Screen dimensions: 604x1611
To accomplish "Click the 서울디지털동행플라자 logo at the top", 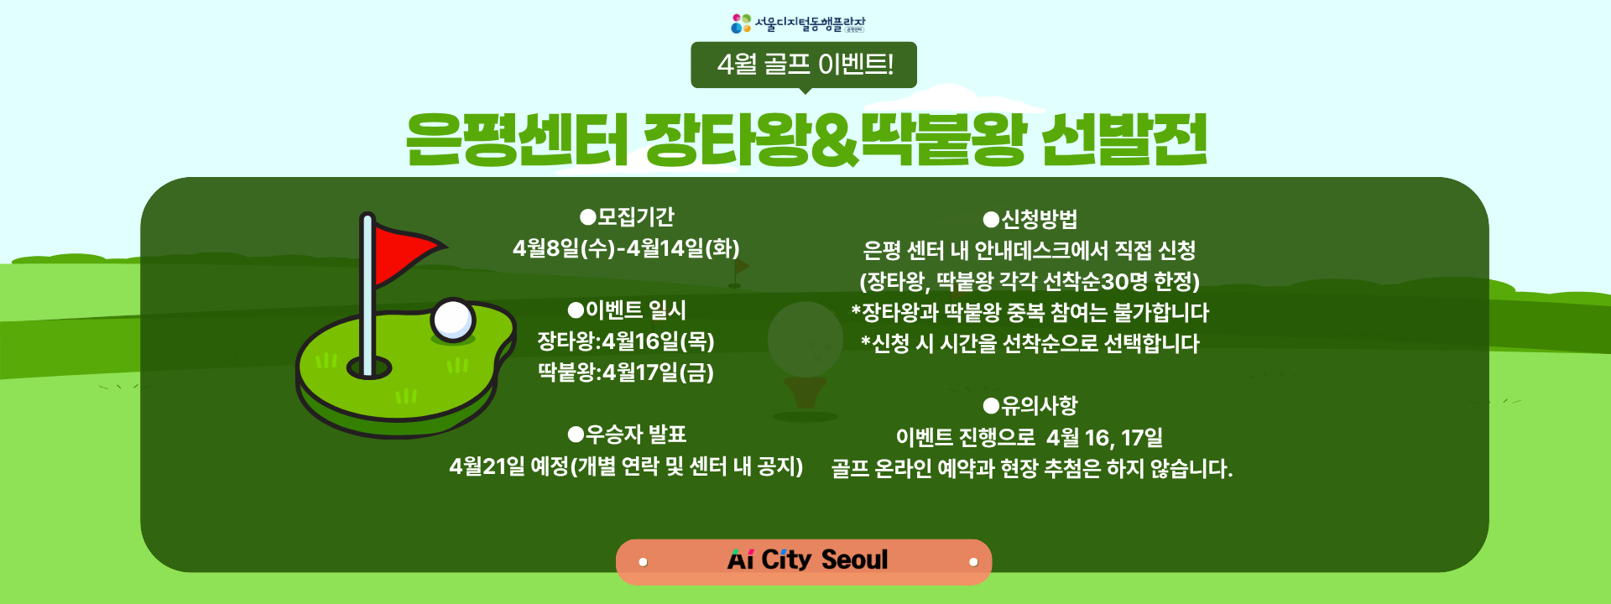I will pyautogui.click(x=797, y=23).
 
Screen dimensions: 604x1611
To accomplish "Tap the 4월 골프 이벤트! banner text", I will pyautogui.click(x=805, y=64).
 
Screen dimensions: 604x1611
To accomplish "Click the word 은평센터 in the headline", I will pyautogui.click(x=516, y=139).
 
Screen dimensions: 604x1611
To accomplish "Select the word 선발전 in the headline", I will pyautogui.click(x=1124, y=139).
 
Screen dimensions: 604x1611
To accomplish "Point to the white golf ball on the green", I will pyautogui.click(x=452, y=320).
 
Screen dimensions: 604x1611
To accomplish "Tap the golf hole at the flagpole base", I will pyautogui.click(x=369, y=367).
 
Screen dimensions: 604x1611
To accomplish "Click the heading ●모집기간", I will pyautogui.click(x=627, y=217).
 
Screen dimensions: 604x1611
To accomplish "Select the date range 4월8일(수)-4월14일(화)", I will pyautogui.click(x=626, y=248).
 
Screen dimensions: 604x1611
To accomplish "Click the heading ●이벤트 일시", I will pyautogui.click(x=627, y=310).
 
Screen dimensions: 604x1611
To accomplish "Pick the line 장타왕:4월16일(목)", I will pyautogui.click(x=626, y=341).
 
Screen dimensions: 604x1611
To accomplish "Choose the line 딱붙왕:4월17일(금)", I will pyautogui.click(x=626, y=372).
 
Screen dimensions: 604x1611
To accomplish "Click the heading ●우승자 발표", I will pyautogui.click(x=627, y=435).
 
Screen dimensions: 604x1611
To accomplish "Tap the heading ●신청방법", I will pyautogui.click(x=1030, y=220).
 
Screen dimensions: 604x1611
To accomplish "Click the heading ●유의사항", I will pyautogui.click(x=1030, y=406).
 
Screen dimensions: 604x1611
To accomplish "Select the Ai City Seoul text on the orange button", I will pyautogui.click(x=807, y=560).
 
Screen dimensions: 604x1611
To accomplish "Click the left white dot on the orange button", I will pyautogui.click(x=643, y=562).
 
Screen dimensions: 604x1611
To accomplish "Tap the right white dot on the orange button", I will pyautogui.click(x=973, y=562).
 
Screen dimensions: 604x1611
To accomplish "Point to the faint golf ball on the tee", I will pyautogui.click(x=805, y=339).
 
